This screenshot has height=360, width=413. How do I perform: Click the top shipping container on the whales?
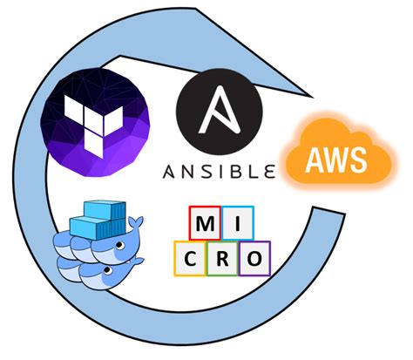coord(97,209)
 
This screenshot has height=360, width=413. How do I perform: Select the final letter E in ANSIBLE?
coord(267,171)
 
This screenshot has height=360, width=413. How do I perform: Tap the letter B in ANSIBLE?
coord(235,171)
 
